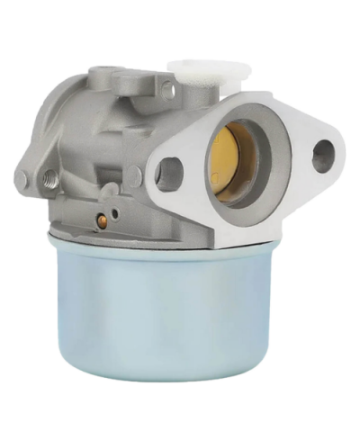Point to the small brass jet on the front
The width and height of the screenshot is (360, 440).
103,219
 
